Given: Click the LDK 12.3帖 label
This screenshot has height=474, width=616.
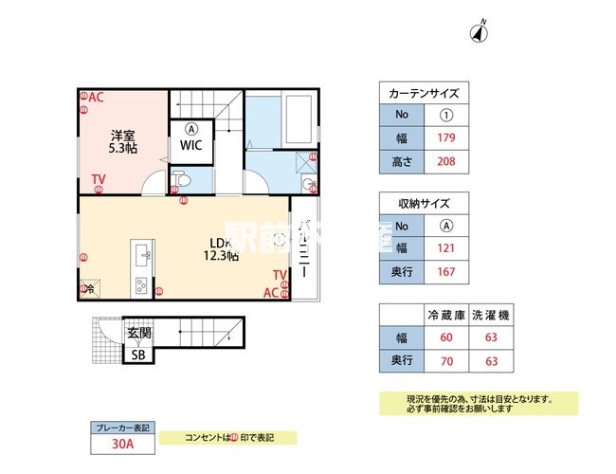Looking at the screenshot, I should (224, 247).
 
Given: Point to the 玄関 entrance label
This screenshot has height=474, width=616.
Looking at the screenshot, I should (138, 335).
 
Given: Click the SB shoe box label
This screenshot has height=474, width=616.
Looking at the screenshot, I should (138, 355).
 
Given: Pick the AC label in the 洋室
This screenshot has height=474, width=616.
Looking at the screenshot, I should (96, 98).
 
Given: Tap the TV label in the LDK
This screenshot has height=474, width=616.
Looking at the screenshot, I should (280, 275).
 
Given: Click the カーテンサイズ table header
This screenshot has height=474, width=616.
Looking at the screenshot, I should (424, 93).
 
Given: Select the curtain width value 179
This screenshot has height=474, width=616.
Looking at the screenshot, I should (446, 138).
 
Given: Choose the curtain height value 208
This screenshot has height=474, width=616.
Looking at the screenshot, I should (446, 161).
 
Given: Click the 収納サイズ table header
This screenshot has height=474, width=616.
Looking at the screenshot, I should (424, 204).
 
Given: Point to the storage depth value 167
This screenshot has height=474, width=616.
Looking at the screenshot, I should (446, 272).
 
